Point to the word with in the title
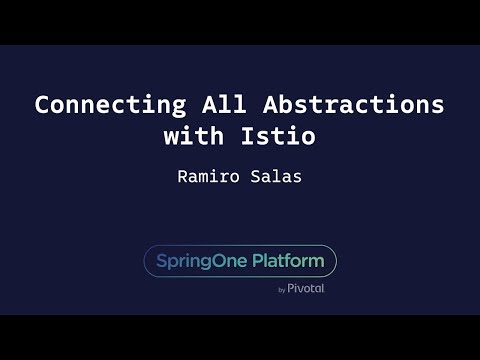click(195, 138)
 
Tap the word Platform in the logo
click(286, 261)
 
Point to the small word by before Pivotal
click(282, 289)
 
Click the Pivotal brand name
click(306, 288)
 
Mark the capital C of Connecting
click(42, 105)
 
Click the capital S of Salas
click(258, 176)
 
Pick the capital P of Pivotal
click(292, 288)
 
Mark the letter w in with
click(170, 138)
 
